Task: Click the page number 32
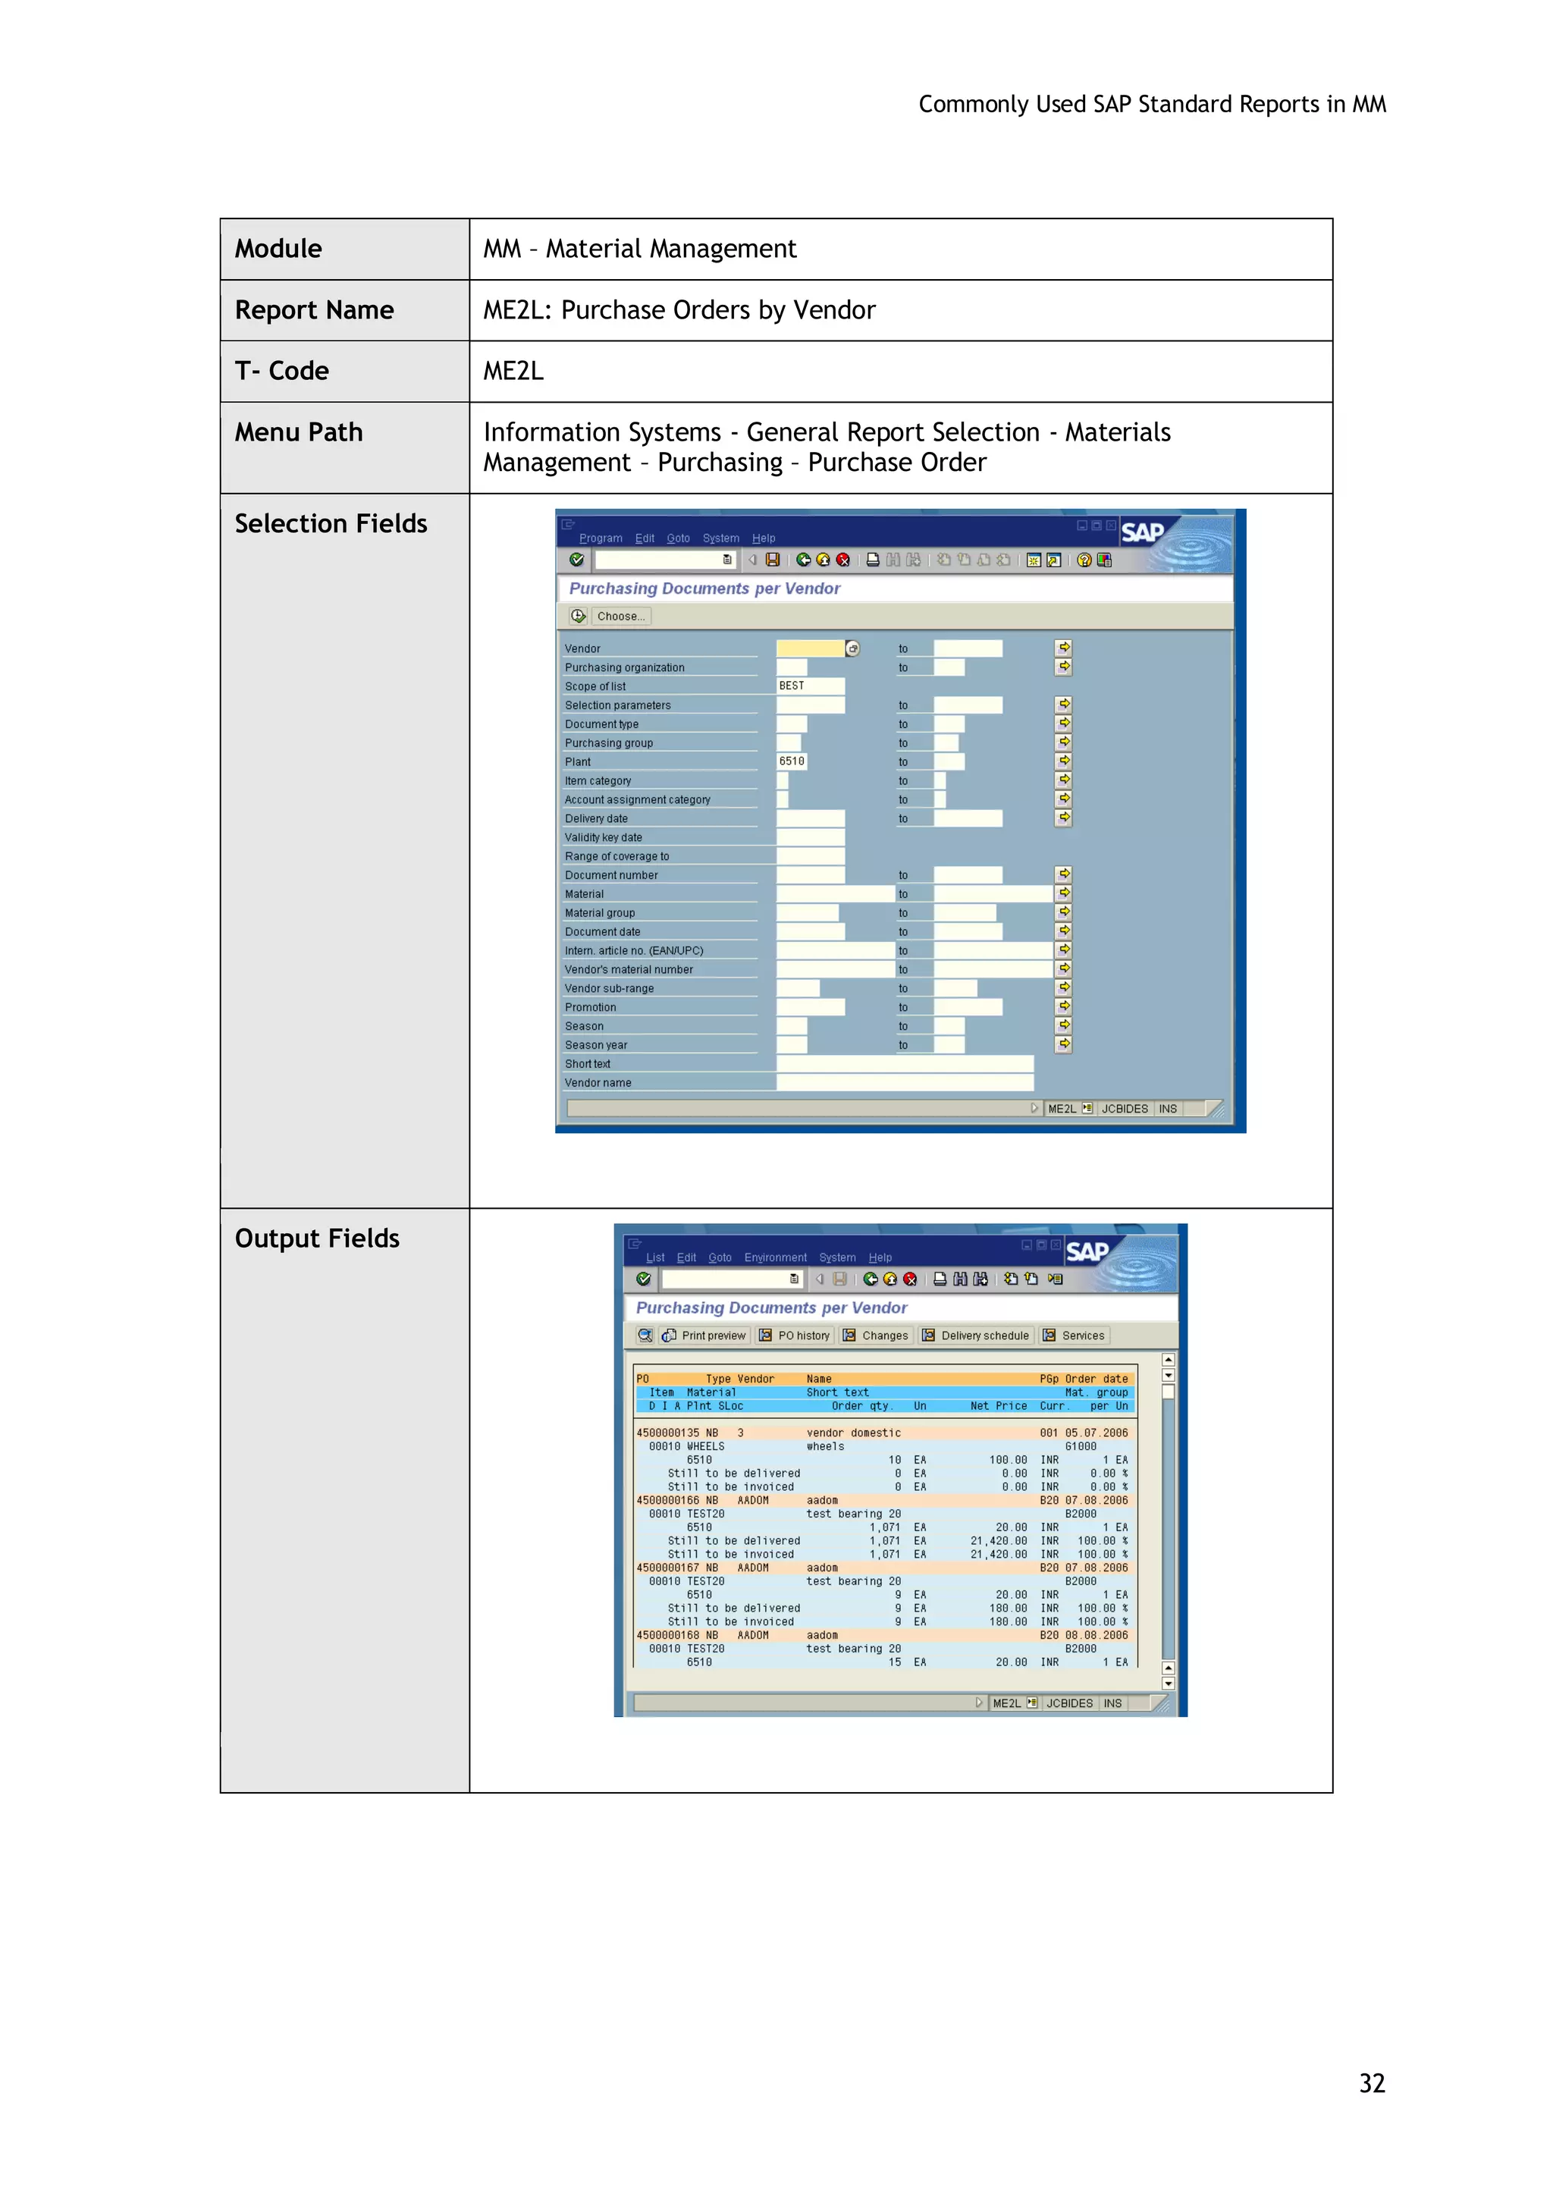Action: (x=1371, y=2083)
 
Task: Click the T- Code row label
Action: (x=282, y=372)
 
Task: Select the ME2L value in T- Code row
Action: (x=514, y=372)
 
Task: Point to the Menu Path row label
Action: (x=299, y=432)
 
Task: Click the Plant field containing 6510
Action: (x=792, y=761)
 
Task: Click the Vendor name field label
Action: (x=598, y=1083)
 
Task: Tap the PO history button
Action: (x=795, y=1335)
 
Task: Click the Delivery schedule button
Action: (x=975, y=1335)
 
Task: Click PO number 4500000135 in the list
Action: (x=668, y=1433)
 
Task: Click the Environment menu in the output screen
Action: (x=775, y=1258)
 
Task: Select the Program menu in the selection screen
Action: (x=600, y=538)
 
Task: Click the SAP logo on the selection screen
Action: (x=1143, y=533)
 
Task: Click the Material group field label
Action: (x=600, y=913)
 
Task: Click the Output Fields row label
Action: (x=317, y=1239)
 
